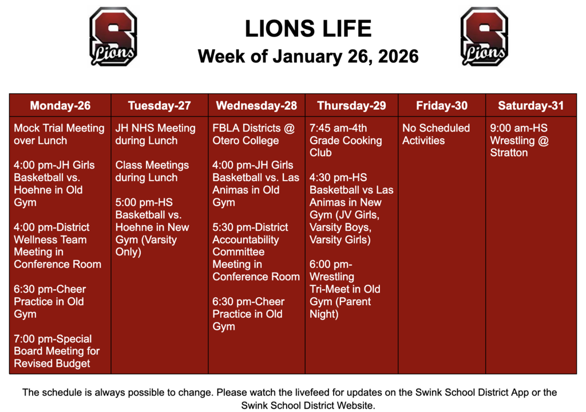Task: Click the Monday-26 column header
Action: pos(60,106)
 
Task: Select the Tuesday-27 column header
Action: pos(159,106)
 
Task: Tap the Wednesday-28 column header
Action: pos(256,106)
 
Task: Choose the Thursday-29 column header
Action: pos(351,106)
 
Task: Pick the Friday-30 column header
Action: pos(442,106)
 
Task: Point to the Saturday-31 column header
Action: pos(530,106)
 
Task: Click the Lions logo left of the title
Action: pos(113,37)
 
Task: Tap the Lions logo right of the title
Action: pos(484,37)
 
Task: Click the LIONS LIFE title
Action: pos(308,29)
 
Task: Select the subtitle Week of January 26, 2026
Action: pos(308,57)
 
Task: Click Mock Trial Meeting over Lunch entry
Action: pos(59,134)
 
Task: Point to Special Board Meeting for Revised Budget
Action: pos(57,351)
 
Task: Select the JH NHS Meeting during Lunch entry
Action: pos(155,134)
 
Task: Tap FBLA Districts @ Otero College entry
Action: pos(253,134)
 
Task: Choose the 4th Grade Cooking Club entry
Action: pos(346,141)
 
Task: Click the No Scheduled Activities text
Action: pos(435,134)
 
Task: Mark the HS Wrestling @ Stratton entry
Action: pos(519,141)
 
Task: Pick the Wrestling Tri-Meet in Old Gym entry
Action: pos(345,289)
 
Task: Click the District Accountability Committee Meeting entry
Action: pos(256,252)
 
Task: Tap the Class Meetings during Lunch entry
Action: pos(152,171)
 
